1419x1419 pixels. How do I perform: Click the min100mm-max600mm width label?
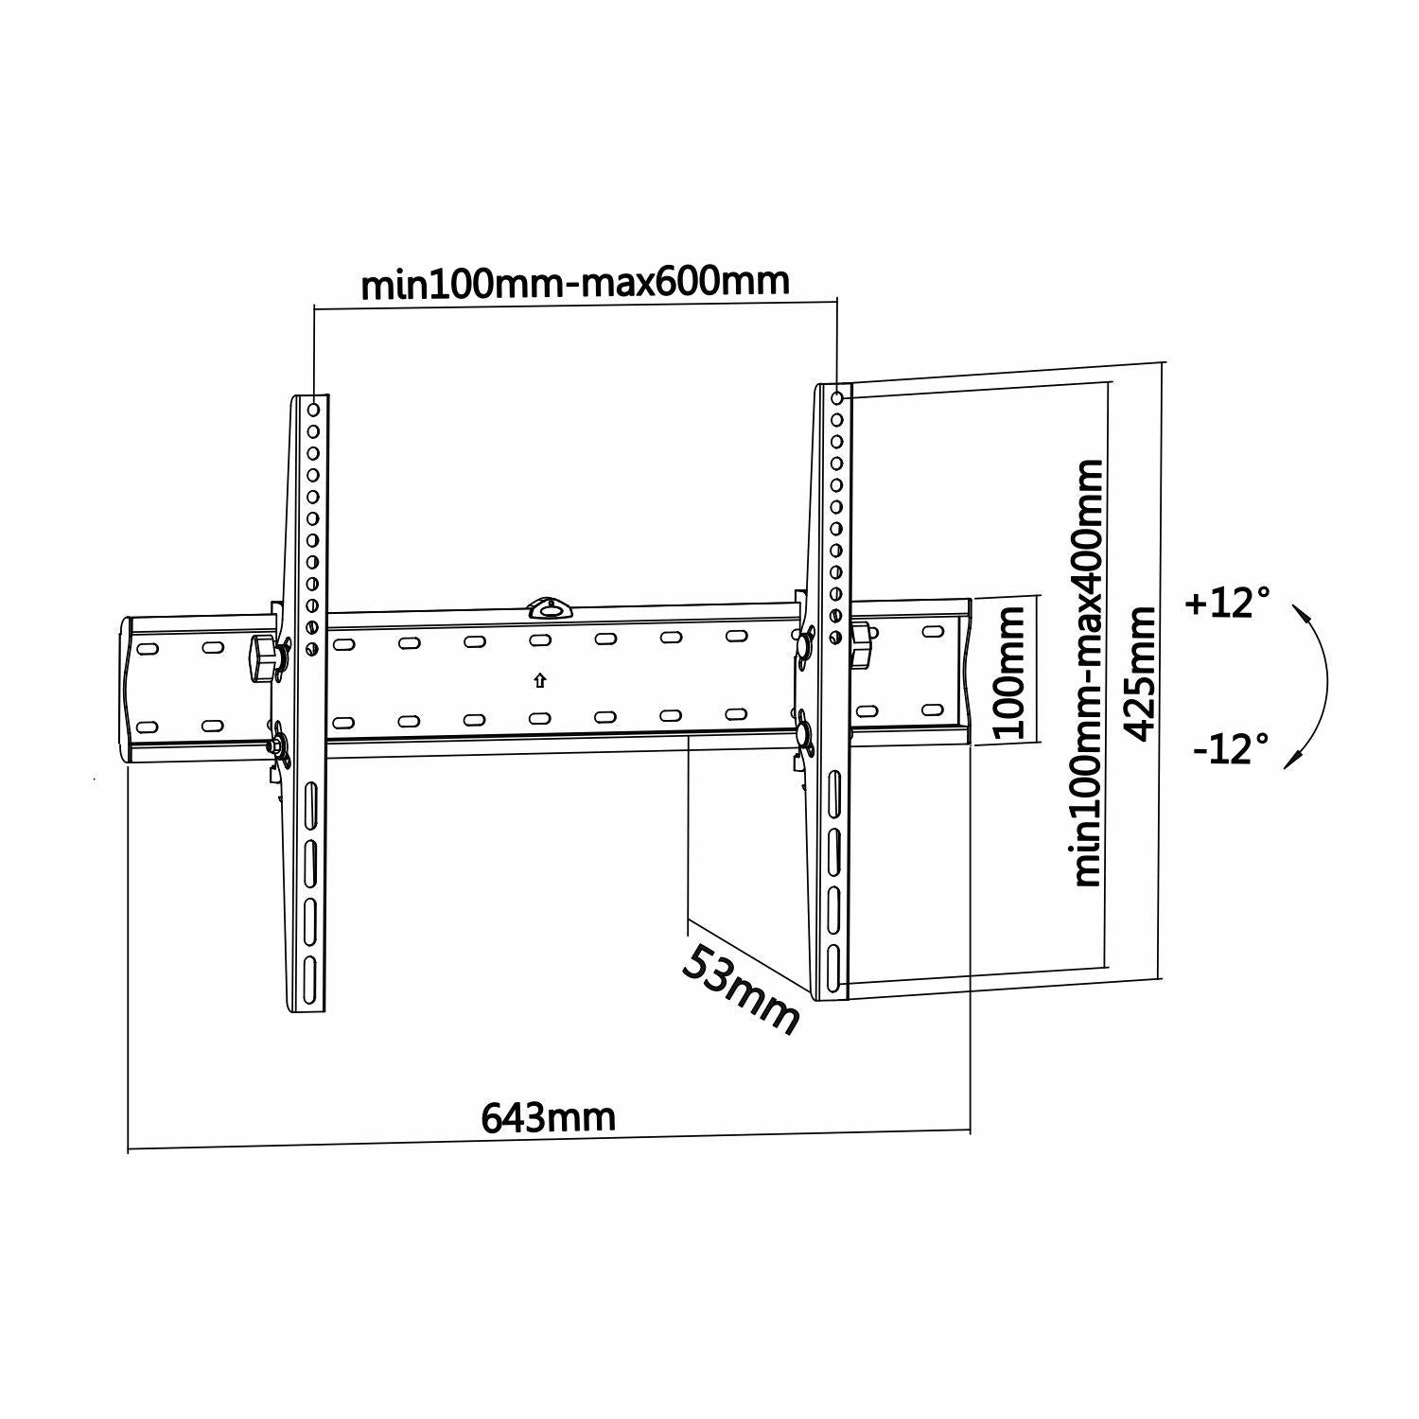[x=574, y=282]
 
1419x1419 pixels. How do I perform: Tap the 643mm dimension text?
[x=549, y=1117]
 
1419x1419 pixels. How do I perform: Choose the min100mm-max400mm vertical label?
[x=1089, y=673]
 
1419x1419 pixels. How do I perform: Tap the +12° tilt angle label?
[x=1227, y=603]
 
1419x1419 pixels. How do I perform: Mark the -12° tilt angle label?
[x=1230, y=750]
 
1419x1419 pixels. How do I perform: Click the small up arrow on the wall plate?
[x=539, y=679]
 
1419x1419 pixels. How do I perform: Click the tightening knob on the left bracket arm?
[x=262, y=656]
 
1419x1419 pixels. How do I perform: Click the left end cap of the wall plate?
[x=127, y=689]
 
